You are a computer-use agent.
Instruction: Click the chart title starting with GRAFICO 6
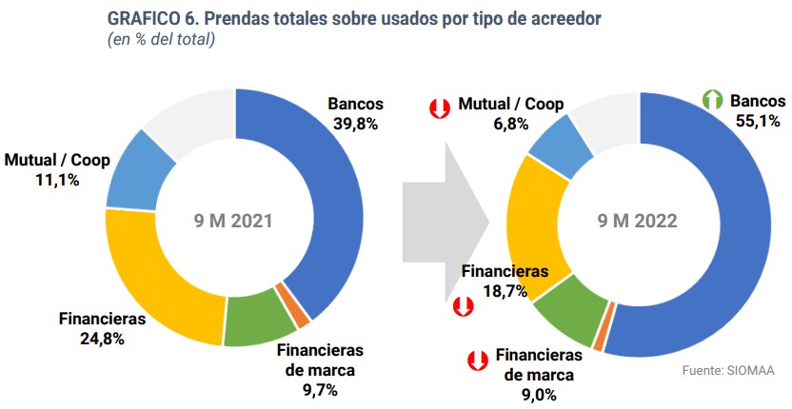click(354, 19)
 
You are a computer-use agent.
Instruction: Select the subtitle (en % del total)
click(161, 40)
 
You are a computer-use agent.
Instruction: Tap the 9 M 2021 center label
click(233, 221)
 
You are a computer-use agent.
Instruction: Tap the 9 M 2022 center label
click(638, 221)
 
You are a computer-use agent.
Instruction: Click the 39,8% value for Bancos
click(356, 124)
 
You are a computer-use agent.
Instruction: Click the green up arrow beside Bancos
click(713, 100)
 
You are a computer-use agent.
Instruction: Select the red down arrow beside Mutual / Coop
click(440, 108)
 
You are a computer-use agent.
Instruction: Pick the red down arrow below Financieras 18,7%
click(463, 306)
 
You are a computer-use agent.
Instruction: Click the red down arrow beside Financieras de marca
click(477, 360)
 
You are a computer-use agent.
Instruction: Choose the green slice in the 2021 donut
click(259, 320)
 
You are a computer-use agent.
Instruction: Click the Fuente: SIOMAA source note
click(728, 370)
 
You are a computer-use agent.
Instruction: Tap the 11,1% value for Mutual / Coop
click(57, 181)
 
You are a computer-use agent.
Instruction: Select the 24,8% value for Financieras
click(102, 339)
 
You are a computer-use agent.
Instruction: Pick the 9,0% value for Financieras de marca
click(539, 394)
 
